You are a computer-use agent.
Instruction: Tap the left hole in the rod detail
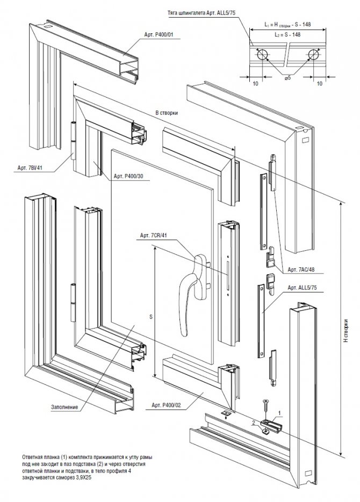click(262, 55)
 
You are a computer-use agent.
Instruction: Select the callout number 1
click(279, 413)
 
